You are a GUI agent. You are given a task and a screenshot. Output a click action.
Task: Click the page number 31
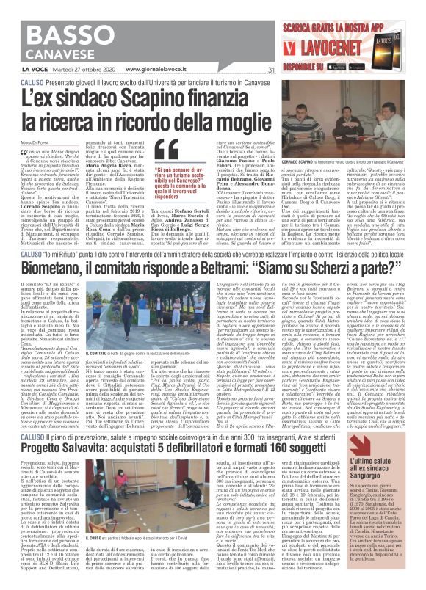[x=271, y=70]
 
